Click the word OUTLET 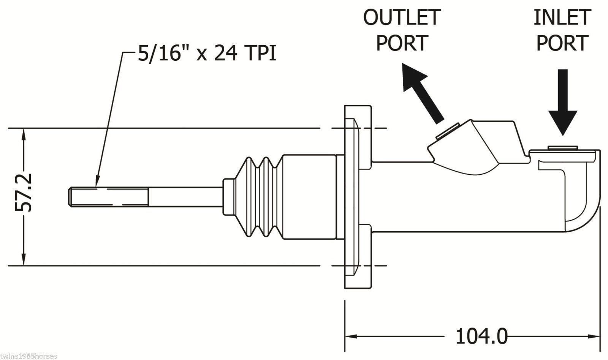pyautogui.click(x=402, y=17)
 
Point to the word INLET pyautogui.click(x=562, y=17)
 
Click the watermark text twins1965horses pyautogui.click(x=28, y=356)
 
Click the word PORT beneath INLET pyautogui.click(x=562, y=43)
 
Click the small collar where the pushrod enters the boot pyautogui.click(x=228, y=197)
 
